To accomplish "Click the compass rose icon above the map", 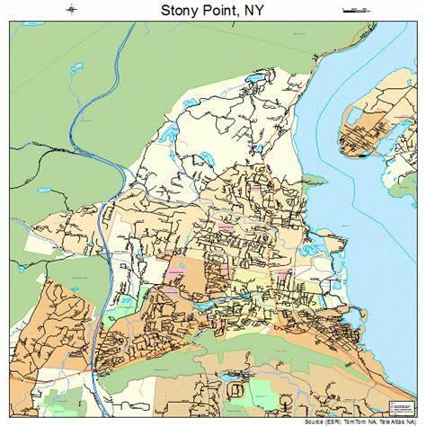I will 72,10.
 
